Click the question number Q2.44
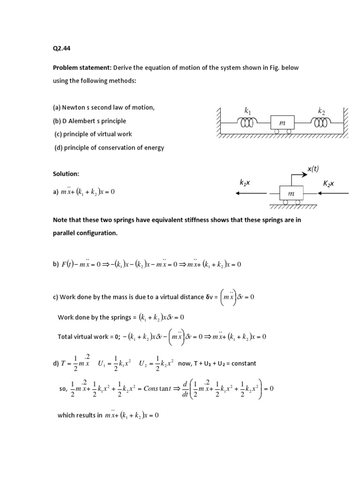coord(61,47)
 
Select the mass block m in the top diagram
coord(282,122)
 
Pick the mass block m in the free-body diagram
coord(291,193)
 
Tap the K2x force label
coord(329,184)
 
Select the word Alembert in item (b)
coord(82,121)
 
